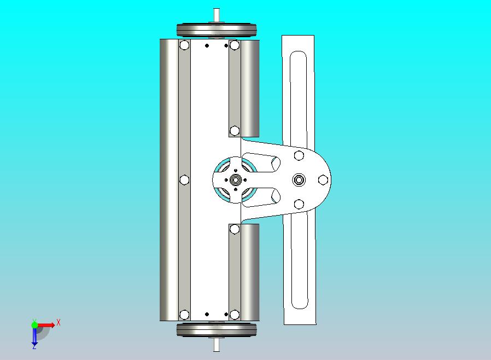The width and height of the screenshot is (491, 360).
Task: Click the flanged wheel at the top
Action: (217, 31)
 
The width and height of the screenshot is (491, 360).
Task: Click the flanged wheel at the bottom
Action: (217, 329)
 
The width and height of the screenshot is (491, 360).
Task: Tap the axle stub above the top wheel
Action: (217, 15)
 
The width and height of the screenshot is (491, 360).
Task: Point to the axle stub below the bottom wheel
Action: (217, 344)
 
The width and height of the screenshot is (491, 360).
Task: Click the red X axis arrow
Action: (46, 325)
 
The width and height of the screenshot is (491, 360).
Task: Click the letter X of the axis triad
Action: (59, 322)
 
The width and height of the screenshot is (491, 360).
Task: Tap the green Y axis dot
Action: (34, 325)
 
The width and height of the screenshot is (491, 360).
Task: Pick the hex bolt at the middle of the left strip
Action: (184, 179)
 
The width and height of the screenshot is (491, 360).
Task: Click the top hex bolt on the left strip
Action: (184, 45)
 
